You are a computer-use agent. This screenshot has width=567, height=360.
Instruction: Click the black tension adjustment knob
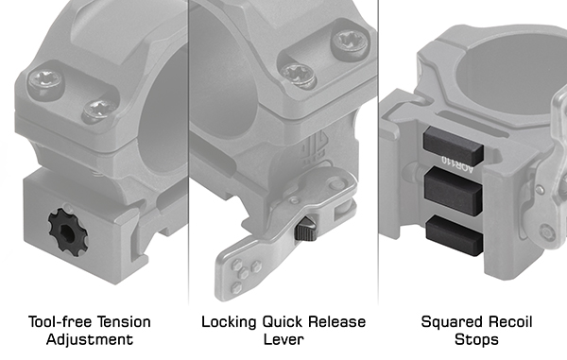(x=68, y=231)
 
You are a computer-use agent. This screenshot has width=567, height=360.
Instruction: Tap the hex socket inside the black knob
(x=67, y=232)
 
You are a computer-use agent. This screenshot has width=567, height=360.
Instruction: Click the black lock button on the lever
(x=306, y=229)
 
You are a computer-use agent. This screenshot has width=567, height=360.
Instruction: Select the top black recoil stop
(x=453, y=145)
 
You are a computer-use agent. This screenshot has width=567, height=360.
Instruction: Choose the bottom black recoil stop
(x=454, y=235)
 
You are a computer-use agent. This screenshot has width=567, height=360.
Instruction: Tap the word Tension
(x=123, y=321)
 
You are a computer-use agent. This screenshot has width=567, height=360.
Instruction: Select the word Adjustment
(x=90, y=340)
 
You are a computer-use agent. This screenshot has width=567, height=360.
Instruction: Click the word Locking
(x=229, y=322)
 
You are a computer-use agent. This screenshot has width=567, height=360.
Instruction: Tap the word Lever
(x=283, y=339)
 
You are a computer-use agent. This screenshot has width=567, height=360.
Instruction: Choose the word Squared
(x=452, y=322)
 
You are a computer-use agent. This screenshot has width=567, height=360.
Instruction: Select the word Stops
(x=476, y=340)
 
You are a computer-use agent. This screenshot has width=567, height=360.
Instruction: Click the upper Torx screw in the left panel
(x=46, y=80)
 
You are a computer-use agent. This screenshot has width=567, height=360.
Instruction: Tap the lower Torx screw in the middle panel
(x=299, y=75)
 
